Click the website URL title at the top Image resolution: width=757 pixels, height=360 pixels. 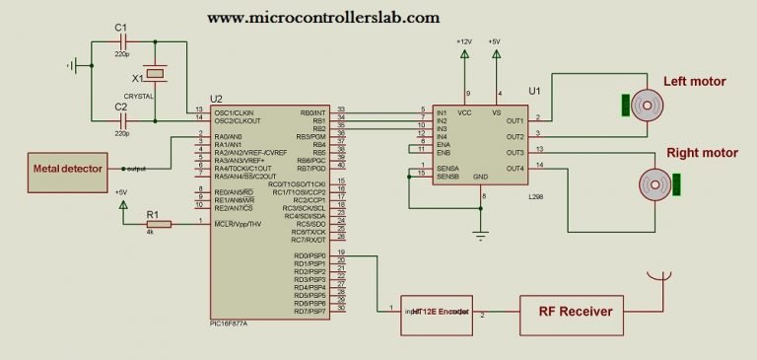[323, 18]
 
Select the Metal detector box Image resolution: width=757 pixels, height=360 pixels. [68, 169]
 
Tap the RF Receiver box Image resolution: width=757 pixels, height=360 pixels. [575, 312]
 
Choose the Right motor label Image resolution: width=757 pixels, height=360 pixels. [703, 153]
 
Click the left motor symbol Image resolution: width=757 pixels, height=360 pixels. [646, 104]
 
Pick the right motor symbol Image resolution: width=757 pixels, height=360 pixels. [654, 182]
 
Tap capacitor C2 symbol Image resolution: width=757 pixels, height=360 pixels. [122, 117]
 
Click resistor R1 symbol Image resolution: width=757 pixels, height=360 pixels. [158, 224]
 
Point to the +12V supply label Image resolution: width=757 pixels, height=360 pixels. [464, 41]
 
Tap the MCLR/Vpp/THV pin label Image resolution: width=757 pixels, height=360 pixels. [239, 224]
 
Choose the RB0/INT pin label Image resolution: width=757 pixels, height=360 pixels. [311, 112]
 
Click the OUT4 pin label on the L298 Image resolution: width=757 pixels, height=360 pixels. [515, 169]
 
